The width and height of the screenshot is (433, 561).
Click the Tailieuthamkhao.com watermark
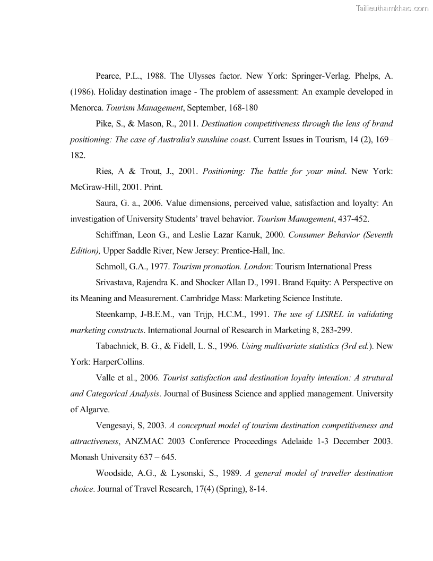[392, 8]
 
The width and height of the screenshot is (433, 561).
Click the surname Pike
[105, 124]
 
